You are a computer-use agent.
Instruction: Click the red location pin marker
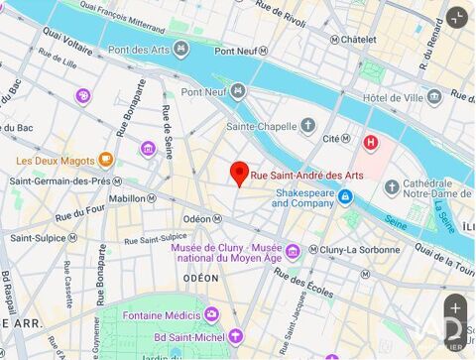tap(239, 173)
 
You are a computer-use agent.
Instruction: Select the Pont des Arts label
tap(139, 49)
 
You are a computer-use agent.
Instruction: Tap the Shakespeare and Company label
tap(304, 197)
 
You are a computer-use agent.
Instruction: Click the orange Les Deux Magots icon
tap(106, 160)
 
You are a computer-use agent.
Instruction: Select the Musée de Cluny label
tap(240, 253)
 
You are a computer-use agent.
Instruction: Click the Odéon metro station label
tap(196, 218)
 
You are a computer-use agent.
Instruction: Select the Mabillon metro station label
tap(127, 197)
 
